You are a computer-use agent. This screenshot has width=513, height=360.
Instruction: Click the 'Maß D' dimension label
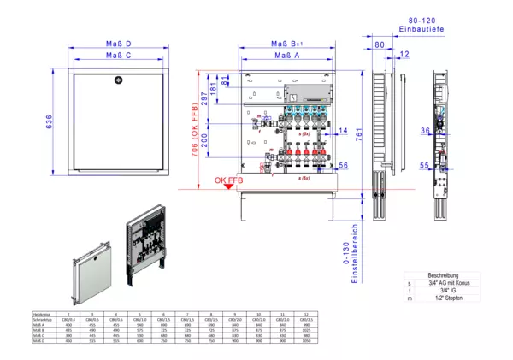[119, 44]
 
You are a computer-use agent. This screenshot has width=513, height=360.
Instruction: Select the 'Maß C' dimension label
[119, 56]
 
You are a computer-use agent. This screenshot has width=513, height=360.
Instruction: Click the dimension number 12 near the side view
[404, 55]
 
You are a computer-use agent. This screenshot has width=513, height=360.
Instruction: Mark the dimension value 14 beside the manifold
[343, 130]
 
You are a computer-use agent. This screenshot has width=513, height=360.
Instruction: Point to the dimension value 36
[425, 131]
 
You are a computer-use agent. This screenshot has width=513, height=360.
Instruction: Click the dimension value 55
[425, 165]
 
